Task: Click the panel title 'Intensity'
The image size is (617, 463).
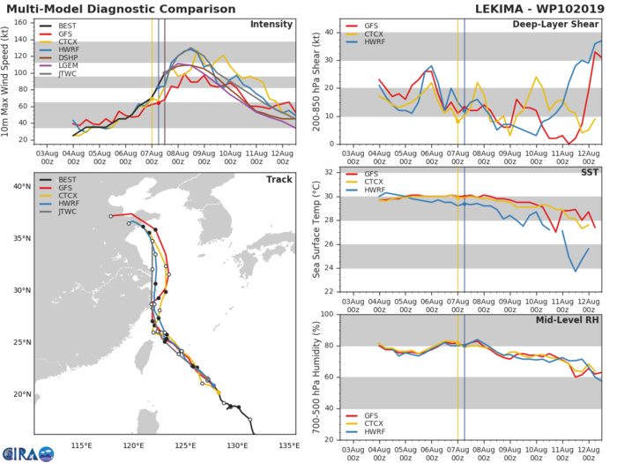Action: tap(271, 24)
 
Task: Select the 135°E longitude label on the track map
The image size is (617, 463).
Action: tap(287, 444)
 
